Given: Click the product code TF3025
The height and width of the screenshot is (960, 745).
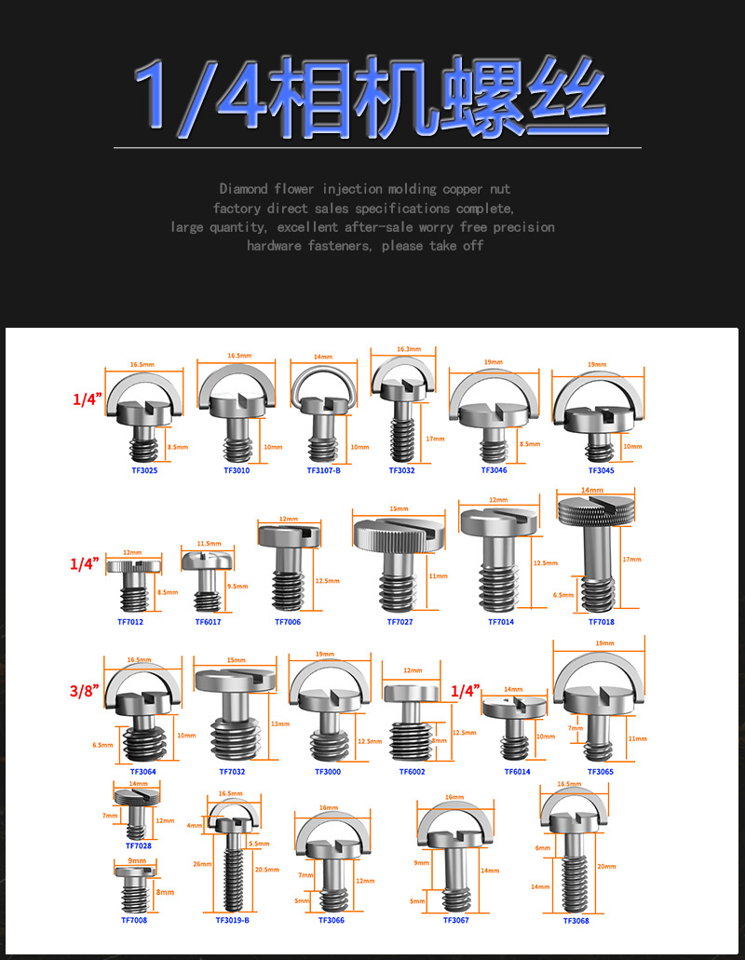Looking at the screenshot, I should tap(144, 470).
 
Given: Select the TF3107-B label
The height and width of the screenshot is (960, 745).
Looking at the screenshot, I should tap(323, 470).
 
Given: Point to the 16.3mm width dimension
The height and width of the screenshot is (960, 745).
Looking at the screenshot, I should tap(403, 348).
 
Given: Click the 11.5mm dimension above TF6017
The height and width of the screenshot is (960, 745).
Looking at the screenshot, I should tap(209, 543).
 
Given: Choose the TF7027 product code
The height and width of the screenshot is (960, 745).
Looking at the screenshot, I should tap(400, 621).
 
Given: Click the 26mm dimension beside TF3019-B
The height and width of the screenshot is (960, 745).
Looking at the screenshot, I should tap(199, 863).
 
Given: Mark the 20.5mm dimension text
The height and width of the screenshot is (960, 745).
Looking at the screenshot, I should tap(266, 870).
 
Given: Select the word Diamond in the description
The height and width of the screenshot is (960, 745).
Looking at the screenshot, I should tap(244, 189).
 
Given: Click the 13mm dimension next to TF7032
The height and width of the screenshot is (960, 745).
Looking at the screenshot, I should tap(277, 724).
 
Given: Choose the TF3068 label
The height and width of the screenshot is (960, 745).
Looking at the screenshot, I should tap(576, 920).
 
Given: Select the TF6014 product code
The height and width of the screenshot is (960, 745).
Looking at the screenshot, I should tap(518, 771).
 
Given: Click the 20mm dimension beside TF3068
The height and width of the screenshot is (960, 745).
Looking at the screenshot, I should tap(606, 866).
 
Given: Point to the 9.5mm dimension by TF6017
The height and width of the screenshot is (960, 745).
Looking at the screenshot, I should tap(237, 587).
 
